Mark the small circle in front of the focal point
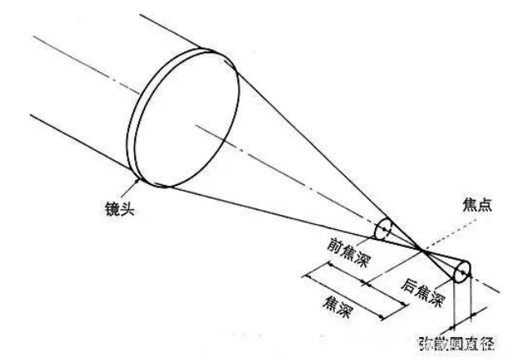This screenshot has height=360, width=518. pyautogui.click(x=382, y=229)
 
